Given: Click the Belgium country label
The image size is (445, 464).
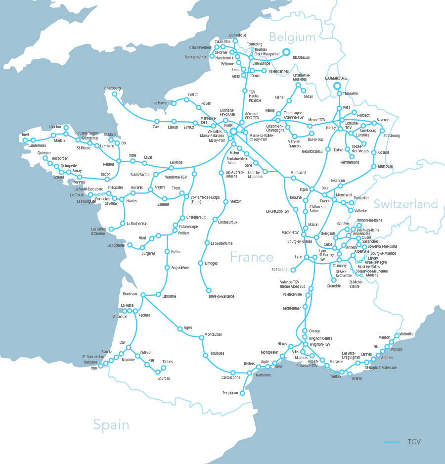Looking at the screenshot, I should [292, 37].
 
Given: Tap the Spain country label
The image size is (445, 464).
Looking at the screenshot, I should [111, 424].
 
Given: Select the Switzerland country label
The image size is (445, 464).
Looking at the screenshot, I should [405, 204].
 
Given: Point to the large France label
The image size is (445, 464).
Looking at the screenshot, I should [251, 257].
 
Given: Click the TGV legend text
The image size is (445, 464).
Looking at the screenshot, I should [414, 442].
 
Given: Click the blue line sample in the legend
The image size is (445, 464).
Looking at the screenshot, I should [391, 442].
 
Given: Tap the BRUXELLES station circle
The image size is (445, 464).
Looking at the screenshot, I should [286, 51].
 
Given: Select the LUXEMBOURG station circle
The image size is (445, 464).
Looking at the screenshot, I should [338, 85].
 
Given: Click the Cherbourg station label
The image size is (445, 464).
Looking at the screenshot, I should [112, 88].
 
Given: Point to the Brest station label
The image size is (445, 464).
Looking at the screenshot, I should [26, 135].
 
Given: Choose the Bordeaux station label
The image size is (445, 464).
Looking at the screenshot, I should [130, 294].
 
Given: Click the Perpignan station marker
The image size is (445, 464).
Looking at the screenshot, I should [242, 393].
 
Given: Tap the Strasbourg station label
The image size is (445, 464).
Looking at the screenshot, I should [391, 136].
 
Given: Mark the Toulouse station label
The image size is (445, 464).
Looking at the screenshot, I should [217, 353].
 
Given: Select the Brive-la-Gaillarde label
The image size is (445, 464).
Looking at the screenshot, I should [222, 296].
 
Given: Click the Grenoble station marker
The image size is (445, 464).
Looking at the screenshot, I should [334, 280].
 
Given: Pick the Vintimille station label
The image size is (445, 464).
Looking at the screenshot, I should [406, 334].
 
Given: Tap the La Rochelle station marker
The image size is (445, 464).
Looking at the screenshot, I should [130, 245].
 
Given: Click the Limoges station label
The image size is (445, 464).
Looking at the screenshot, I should [211, 263].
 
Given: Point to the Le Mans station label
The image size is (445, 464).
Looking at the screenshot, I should [176, 162].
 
